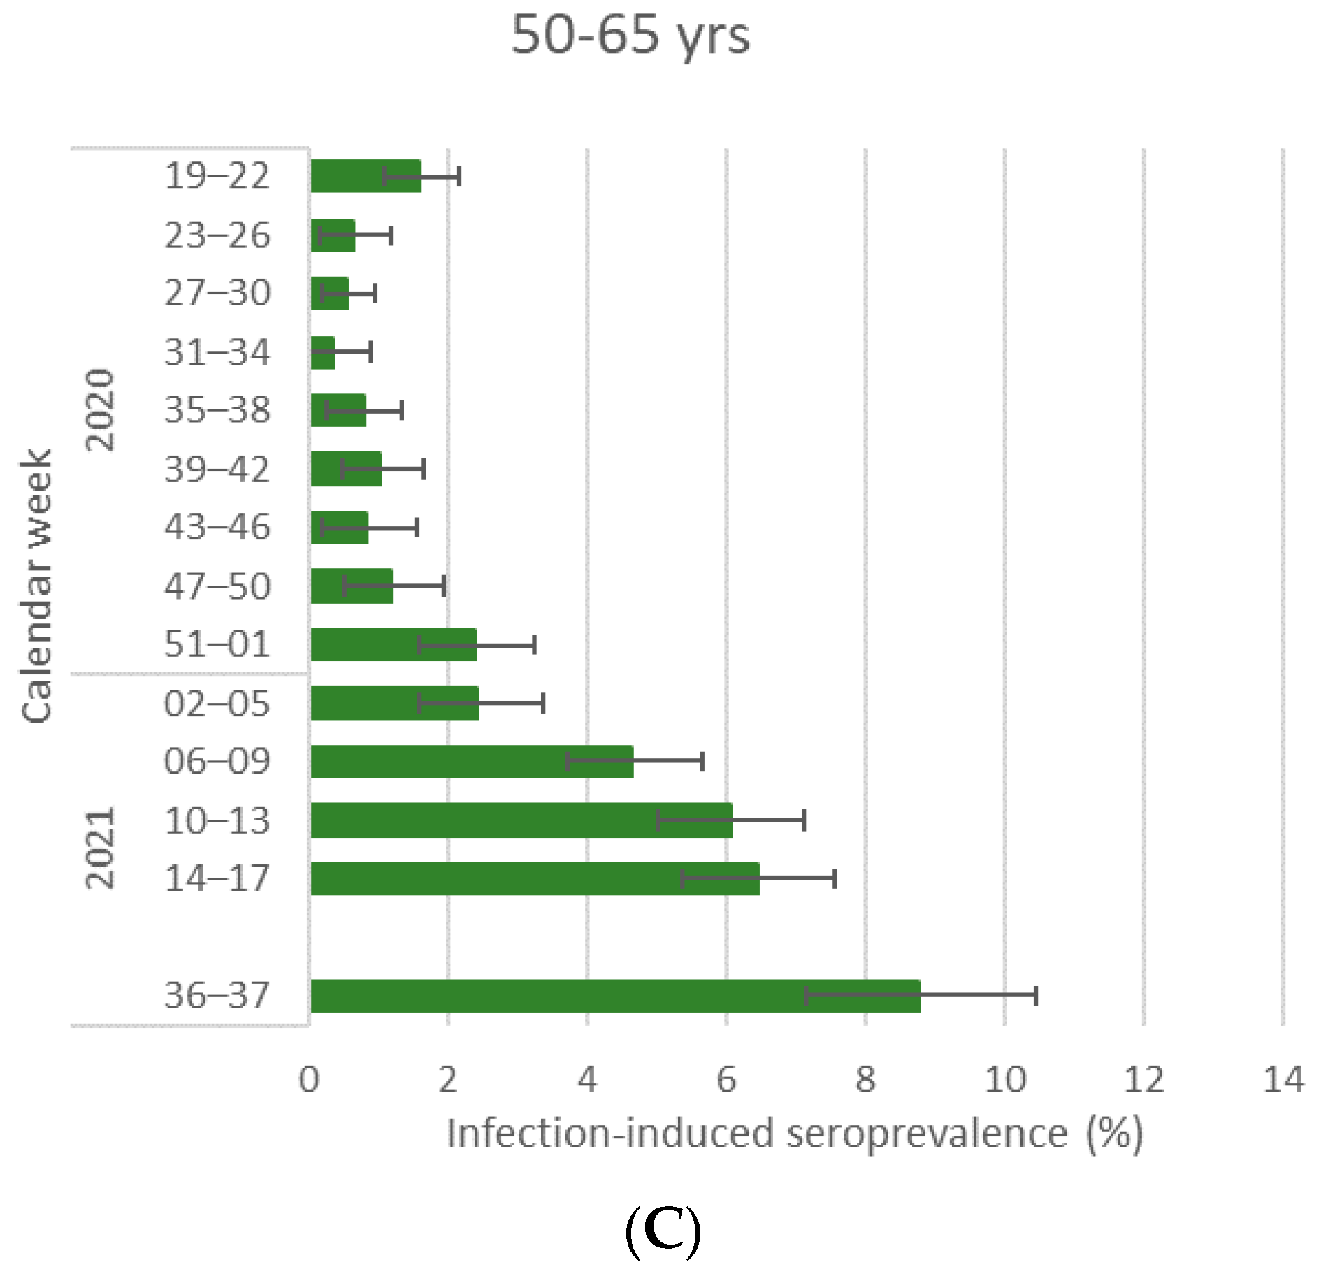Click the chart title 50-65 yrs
click(630, 35)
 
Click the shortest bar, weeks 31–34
click(323, 353)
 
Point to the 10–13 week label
click(217, 820)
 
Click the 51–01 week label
click(217, 644)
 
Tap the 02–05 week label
click(217, 703)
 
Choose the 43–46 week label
click(217, 527)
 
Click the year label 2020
click(100, 410)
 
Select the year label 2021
click(100, 848)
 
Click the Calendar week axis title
click(36, 586)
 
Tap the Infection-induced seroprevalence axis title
click(795, 1133)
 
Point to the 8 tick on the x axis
click(865, 1080)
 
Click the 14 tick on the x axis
click(1283, 1080)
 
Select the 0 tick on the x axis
click(309, 1080)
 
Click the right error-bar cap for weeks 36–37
click(1035, 996)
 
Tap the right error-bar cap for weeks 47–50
click(444, 586)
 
